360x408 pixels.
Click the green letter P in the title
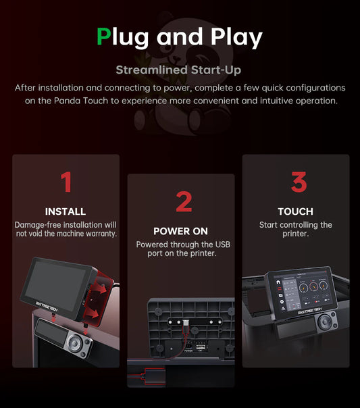point(104,36)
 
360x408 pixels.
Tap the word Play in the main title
point(236,38)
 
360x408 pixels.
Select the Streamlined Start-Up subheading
point(178,70)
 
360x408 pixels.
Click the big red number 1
point(66,182)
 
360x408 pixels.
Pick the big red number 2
point(184,201)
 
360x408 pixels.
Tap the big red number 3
point(299,182)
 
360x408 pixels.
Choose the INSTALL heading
point(66,211)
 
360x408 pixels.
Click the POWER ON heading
point(180,231)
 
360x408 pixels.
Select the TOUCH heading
point(295,211)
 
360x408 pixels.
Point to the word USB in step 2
point(223,245)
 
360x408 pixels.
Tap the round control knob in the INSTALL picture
point(75,343)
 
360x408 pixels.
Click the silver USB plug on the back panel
point(186,324)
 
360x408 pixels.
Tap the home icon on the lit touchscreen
point(278,282)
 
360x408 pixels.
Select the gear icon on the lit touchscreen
point(282,302)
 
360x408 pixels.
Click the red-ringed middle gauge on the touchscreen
point(313,286)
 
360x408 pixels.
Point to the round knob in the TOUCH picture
point(325,322)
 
